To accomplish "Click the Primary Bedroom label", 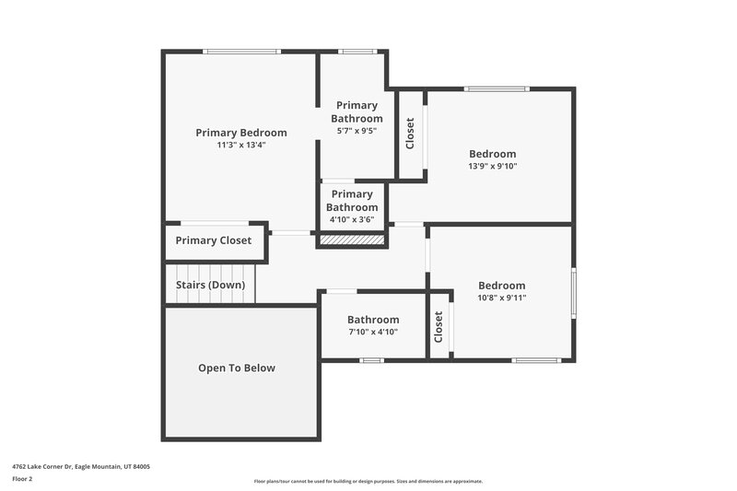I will coord(240,133).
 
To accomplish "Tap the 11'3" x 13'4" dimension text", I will coord(240,145).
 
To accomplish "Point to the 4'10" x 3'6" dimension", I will coord(352,220).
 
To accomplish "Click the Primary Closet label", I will coord(214,241).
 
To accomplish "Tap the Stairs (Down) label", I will coord(210,285).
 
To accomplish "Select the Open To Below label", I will coord(237,368).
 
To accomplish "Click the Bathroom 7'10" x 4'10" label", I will coord(373,325).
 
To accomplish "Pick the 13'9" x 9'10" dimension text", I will coord(493,167).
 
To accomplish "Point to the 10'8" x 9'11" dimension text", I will coord(501,298).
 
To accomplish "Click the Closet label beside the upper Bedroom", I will coord(410,134).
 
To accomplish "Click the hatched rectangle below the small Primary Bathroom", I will coord(351,240).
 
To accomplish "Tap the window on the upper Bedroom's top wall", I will coord(497,89).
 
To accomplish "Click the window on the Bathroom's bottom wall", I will coord(371,359).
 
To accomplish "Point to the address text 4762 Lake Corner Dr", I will coord(81,467).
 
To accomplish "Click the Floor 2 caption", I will coord(23,479).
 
